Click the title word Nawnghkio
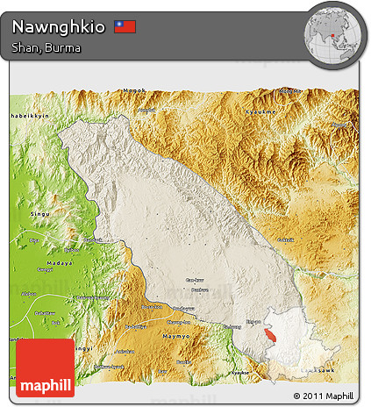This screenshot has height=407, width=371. [59, 26]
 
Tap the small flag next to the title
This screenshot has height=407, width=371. [125, 26]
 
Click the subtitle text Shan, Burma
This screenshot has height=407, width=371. [46, 47]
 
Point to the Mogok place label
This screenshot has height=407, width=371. [134, 90]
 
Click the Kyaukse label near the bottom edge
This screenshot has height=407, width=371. [239, 373]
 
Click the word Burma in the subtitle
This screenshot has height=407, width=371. [66, 47]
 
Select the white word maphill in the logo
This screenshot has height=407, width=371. [45, 383]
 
